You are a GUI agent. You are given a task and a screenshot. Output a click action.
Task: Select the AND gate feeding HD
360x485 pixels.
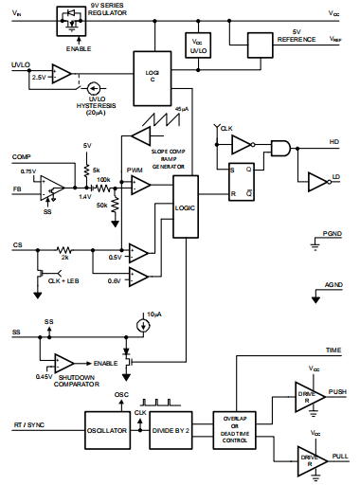click(279, 145)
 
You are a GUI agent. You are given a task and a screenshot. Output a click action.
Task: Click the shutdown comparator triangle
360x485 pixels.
click(65, 363)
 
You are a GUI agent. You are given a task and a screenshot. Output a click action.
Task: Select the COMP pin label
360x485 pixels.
click(22, 156)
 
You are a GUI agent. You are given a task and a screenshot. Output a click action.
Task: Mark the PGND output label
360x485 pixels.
click(332, 232)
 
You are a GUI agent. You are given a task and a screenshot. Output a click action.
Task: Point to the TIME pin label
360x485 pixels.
click(332, 350)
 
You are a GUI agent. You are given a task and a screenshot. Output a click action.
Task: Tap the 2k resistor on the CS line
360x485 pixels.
click(64, 247)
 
